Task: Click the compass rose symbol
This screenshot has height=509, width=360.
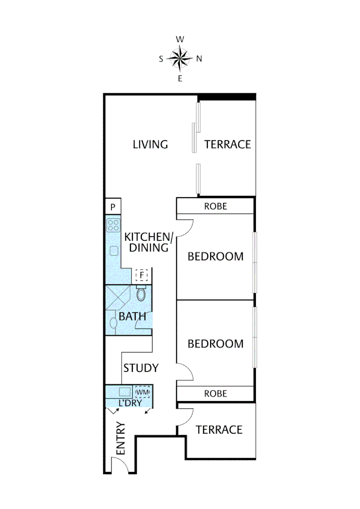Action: (180, 59)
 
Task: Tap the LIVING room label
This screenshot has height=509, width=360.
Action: (150, 144)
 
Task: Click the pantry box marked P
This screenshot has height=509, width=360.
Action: (113, 207)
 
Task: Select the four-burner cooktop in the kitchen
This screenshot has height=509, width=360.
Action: (113, 225)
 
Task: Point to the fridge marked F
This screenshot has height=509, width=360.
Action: (141, 274)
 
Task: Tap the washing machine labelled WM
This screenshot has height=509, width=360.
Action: (142, 392)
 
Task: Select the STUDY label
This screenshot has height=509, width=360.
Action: (140, 368)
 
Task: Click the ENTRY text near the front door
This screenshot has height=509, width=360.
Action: (120, 439)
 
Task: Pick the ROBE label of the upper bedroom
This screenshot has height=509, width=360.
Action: (215, 206)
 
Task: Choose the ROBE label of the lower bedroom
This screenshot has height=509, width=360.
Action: (215, 394)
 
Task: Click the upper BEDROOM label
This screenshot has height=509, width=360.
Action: (215, 257)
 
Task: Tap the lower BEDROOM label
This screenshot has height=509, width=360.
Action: (215, 344)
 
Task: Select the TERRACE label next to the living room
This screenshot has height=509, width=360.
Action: (227, 144)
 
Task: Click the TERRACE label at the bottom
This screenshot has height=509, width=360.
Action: (219, 430)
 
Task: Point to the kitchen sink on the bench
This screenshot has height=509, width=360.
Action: (113, 251)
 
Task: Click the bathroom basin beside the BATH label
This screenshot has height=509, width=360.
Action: (113, 323)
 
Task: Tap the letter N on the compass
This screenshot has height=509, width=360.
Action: (199, 59)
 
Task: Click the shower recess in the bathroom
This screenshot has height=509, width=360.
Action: (116, 297)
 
